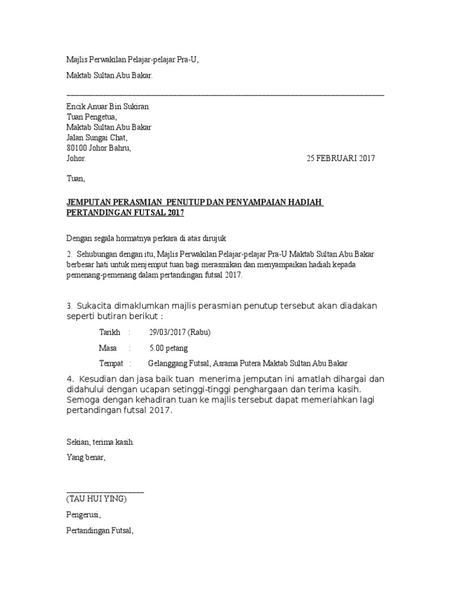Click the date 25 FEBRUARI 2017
click(340, 158)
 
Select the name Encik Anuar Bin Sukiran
click(107, 107)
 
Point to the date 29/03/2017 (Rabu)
click(179, 332)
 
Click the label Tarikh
click(110, 332)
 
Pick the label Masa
click(107, 348)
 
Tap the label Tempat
click(111, 363)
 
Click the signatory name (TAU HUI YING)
click(96, 498)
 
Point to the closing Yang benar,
click(86, 457)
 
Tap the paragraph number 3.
click(69, 306)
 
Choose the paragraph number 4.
click(69, 379)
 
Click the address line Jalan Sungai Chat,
click(97, 137)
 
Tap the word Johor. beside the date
click(76, 158)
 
